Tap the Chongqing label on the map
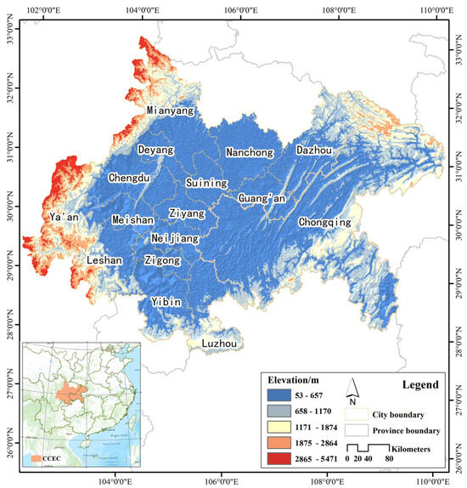pyautogui.click(x=324, y=222)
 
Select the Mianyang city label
pyautogui.click(x=171, y=111)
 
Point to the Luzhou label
pyautogui.click(x=219, y=343)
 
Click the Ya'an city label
pyautogui.click(x=64, y=217)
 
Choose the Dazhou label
pyautogui.click(x=318, y=150)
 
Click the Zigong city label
pyautogui.click(x=162, y=260)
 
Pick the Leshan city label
pyautogui.click(x=104, y=260)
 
